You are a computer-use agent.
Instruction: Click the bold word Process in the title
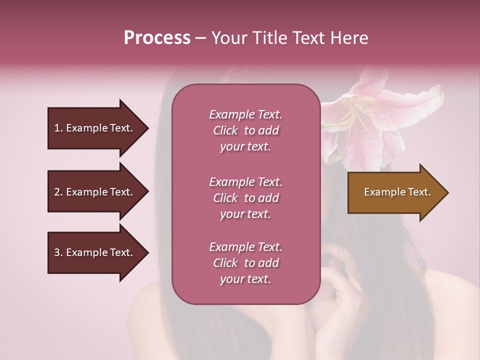tap(156, 38)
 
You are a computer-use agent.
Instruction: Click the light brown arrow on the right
tap(395, 192)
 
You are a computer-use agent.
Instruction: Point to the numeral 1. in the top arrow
tap(58, 128)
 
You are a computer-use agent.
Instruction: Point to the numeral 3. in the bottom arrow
tap(58, 252)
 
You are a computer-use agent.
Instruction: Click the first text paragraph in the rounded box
tap(245, 130)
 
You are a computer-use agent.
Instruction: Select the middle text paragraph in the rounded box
tap(245, 198)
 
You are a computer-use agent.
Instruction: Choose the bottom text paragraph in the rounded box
tap(245, 263)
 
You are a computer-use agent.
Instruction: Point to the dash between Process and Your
tap(200, 38)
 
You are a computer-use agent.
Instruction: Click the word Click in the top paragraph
tap(225, 130)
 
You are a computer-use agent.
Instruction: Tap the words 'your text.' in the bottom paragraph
tap(245, 279)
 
